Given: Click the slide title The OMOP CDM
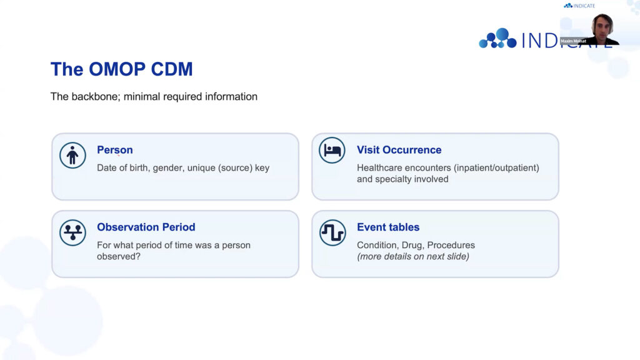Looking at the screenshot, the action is (x=122, y=69).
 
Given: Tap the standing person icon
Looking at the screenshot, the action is (x=72, y=156).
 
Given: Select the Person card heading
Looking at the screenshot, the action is (x=115, y=150).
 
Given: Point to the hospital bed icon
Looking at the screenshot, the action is (x=332, y=150).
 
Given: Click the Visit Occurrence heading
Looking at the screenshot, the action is (x=399, y=150).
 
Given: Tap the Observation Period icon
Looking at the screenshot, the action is (x=72, y=232).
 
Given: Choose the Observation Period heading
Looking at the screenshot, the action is (x=146, y=227).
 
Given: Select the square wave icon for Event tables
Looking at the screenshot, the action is (x=332, y=232).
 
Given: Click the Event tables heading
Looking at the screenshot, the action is (x=388, y=227).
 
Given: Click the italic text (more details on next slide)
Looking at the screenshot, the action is (x=413, y=256).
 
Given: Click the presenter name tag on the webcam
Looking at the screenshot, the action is (x=574, y=41).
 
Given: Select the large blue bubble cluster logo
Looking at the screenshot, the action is (x=497, y=38).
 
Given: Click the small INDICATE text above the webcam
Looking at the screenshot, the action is (x=584, y=6).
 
